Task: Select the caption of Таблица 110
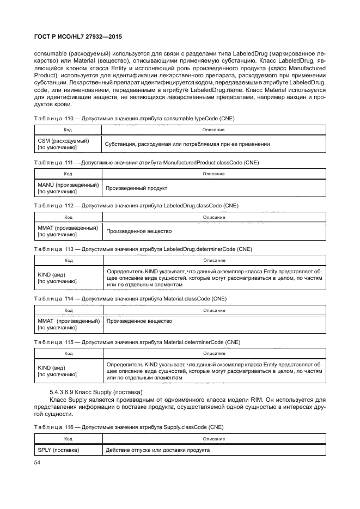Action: [x=135, y=118]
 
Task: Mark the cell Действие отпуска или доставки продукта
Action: [x=158, y=450]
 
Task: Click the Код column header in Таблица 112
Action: [x=68, y=217]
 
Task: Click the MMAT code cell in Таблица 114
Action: [x=68, y=324]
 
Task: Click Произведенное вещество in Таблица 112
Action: [x=139, y=231]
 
